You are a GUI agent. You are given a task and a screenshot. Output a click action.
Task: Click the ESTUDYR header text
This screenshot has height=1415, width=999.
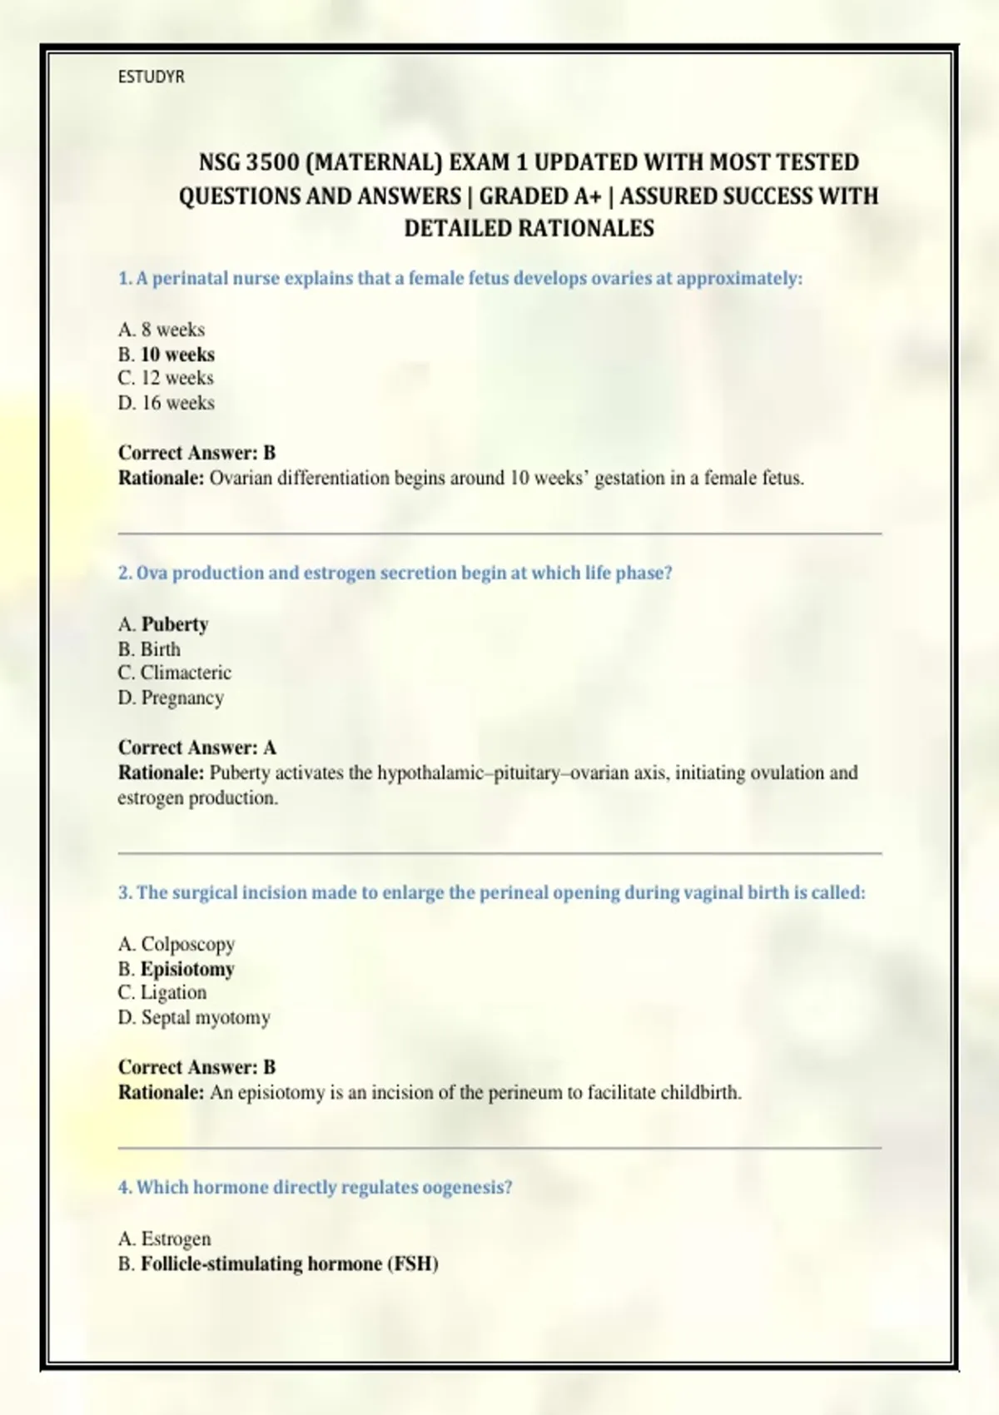click(151, 77)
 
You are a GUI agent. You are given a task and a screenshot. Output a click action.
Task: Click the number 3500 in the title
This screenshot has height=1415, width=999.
click(272, 162)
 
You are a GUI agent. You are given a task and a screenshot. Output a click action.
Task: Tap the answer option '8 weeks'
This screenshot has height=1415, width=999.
click(172, 330)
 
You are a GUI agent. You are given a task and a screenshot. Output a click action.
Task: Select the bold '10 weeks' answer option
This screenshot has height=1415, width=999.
click(177, 355)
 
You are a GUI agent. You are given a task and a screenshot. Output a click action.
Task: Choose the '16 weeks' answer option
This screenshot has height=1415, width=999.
click(177, 403)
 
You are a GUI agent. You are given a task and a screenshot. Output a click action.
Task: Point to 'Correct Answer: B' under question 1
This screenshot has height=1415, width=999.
click(196, 453)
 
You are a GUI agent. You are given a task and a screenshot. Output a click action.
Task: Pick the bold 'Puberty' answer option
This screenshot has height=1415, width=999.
click(175, 624)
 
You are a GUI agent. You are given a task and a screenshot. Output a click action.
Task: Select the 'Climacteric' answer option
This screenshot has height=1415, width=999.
click(186, 673)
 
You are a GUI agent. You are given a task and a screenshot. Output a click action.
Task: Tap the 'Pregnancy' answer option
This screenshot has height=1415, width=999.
click(182, 698)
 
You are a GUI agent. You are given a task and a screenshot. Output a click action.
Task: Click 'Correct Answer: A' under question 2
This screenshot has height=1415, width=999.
click(196, 747)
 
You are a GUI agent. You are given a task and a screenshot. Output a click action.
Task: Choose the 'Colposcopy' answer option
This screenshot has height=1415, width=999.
click(188, 944)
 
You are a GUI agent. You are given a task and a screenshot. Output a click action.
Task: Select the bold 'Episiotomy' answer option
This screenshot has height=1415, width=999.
click(187, 969)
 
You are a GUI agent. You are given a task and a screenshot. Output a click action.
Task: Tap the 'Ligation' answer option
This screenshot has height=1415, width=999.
click(173, 992)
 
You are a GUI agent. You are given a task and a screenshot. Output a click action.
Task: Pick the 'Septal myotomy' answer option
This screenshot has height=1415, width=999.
click(206, 1017)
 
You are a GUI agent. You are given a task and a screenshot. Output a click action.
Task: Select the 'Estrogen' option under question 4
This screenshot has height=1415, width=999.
click(176, 1239)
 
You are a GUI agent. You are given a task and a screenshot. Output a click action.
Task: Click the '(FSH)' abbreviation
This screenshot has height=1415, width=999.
click(412, 1264)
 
